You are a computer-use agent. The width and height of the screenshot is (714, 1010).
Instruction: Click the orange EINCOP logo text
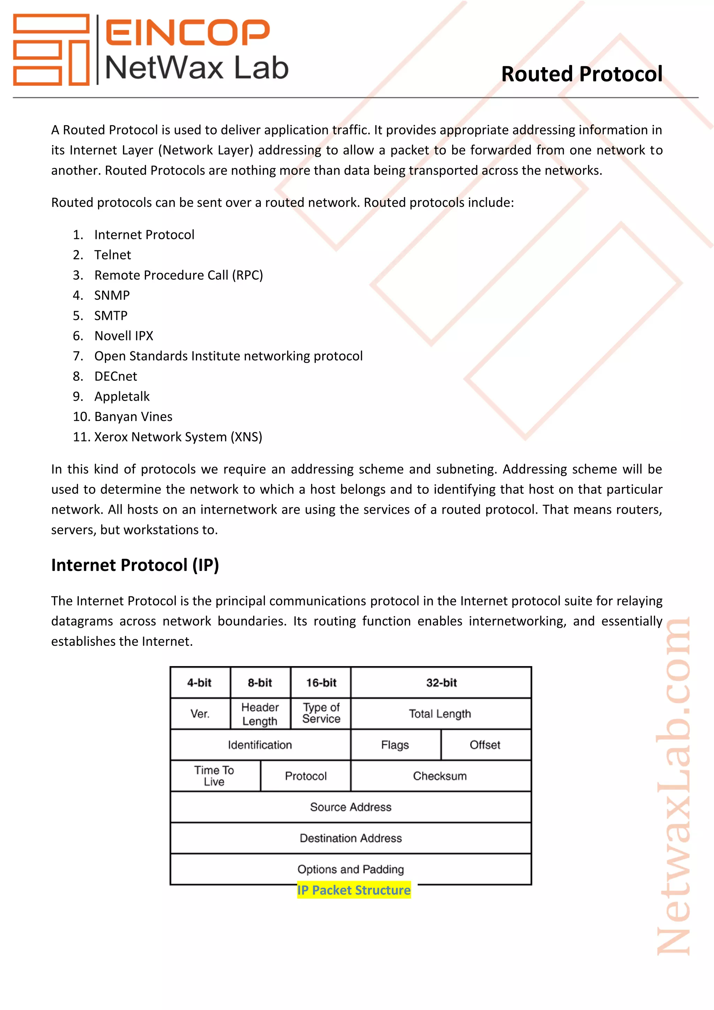[187, 32]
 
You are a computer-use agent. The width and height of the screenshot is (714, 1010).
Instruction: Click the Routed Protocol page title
[581, 74]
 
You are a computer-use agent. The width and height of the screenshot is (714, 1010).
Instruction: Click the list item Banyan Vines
[133, 416]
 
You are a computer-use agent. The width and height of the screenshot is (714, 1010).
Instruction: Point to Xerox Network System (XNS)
[178, 437]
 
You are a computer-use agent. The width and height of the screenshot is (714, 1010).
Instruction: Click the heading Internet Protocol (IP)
[135, 565]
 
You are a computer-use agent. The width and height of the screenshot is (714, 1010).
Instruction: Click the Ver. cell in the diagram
[200, 714]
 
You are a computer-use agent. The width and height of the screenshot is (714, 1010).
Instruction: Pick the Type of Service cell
[321, 713]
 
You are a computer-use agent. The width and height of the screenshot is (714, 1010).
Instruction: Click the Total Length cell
[440, 714]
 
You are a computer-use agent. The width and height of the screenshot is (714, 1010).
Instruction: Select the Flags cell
[395, 745]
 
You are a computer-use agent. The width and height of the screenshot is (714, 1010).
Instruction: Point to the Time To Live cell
[214, 776]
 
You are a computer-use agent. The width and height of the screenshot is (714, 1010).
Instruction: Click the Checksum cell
[440, 776]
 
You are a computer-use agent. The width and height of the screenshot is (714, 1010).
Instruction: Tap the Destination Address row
[350, 838]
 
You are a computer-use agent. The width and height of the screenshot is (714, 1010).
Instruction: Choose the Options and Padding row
[350, 869]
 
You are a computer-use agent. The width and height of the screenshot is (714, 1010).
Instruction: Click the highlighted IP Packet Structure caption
[354, 890]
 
